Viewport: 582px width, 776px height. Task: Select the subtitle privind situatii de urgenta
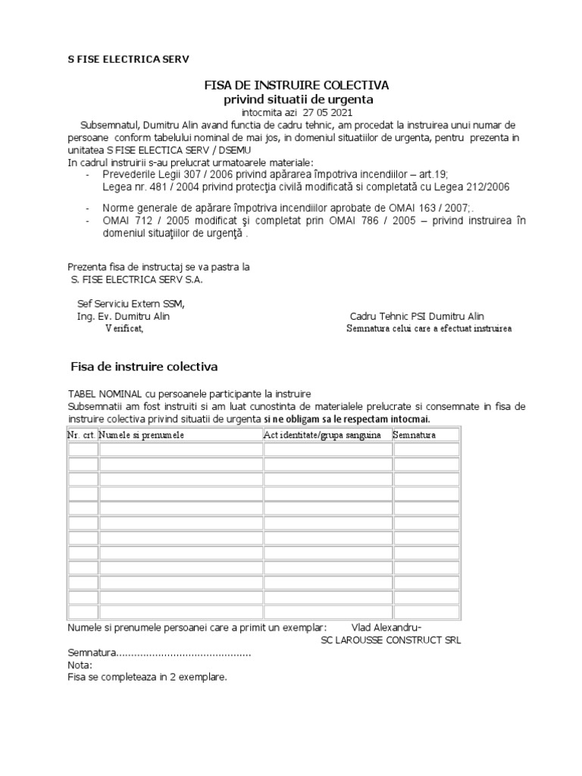coord(298,99)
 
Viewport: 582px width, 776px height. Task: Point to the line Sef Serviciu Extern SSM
coord(130,304)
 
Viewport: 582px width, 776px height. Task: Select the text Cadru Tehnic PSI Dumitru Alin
coord(417,316)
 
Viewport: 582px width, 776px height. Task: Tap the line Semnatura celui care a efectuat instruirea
coord(429,329)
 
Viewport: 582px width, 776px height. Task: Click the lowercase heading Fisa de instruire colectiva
coord(144,367)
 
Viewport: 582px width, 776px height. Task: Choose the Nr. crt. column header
coord(82,435)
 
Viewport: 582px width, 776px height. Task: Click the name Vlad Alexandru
coord(386,627)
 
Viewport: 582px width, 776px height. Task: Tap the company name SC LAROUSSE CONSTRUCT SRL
coord(391,640)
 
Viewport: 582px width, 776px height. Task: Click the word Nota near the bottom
coord(79,665)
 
